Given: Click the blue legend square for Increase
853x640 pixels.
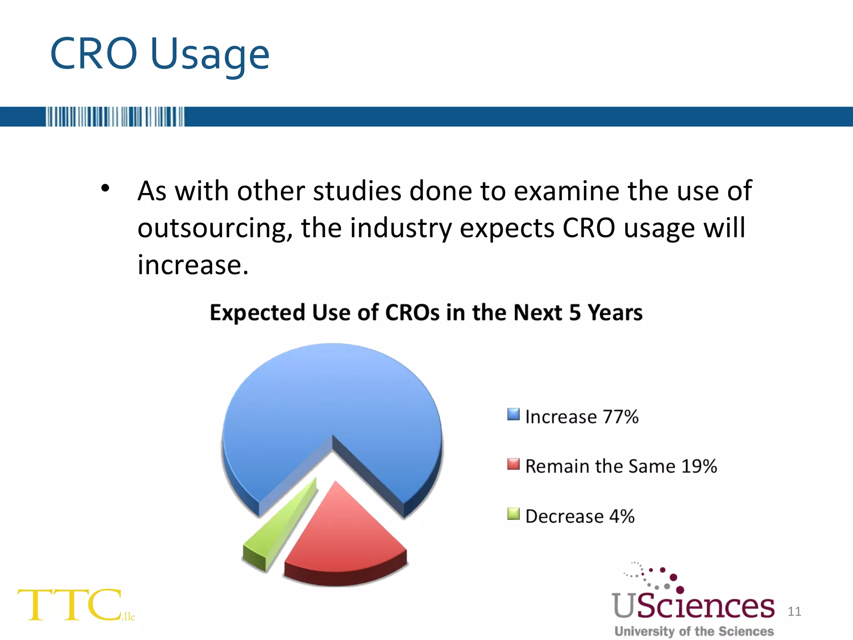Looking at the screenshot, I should (x=514, y=415).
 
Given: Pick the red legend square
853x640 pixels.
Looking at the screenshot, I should (x=514, y=464).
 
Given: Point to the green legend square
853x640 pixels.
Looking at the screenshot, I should (x=514, y=514).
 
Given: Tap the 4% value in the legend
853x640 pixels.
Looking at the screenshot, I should (x=622, y=516).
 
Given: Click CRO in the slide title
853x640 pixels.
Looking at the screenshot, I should (x=93, y=54).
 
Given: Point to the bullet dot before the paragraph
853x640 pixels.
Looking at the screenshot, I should (x=105, y=188).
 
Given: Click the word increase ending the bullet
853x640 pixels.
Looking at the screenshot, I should (x=193, y=265).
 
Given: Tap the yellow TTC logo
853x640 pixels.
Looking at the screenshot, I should (x=71, y=605).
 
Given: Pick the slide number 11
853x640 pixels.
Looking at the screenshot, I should (x=794, y=611).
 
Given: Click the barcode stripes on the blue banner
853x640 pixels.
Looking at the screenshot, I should (x=115, y=117).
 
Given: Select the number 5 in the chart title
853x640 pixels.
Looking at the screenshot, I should (x=575, y=312).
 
